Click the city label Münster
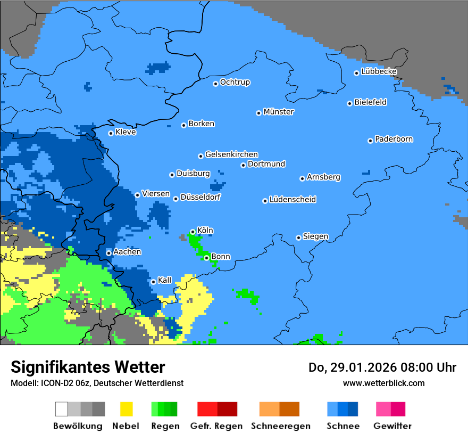coord(279,112)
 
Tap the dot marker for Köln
coord(193,232)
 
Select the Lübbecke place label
coord(379,71)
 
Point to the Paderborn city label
coord(394,139)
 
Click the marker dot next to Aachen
coord(108,253)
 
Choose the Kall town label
coord(165,280)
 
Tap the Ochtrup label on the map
coord(235,82)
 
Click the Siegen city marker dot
coord(299,238)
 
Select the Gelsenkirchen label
coord(231,154)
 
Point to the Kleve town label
coord(126,132)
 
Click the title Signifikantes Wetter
coord(88,367)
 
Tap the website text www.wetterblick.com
coord(383,383)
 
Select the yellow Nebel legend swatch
coord(126,409)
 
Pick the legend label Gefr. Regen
coord(216,426)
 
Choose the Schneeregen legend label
coord(280,426)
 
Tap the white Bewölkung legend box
coord(62,409)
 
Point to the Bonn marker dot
coord(206,258)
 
